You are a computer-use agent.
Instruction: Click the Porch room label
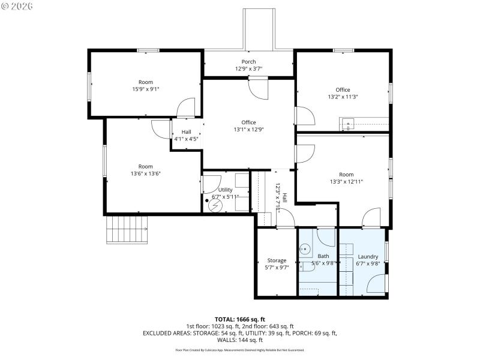(248, 62)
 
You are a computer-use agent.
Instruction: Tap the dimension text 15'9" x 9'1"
(146, 89)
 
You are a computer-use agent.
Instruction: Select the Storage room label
(277, 260)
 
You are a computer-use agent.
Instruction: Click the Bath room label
(323, 256)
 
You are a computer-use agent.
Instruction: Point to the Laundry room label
(367, 256)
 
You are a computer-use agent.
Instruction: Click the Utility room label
(225, 190)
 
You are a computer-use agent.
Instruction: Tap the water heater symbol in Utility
(214, 205)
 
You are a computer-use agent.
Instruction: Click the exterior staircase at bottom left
(127, 229)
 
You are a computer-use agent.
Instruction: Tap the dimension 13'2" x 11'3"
(343, 97)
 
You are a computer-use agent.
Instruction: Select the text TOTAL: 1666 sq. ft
(240, 319)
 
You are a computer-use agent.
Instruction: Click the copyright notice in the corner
(17, 6)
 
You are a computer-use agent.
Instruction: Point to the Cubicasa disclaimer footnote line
(240, 350)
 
